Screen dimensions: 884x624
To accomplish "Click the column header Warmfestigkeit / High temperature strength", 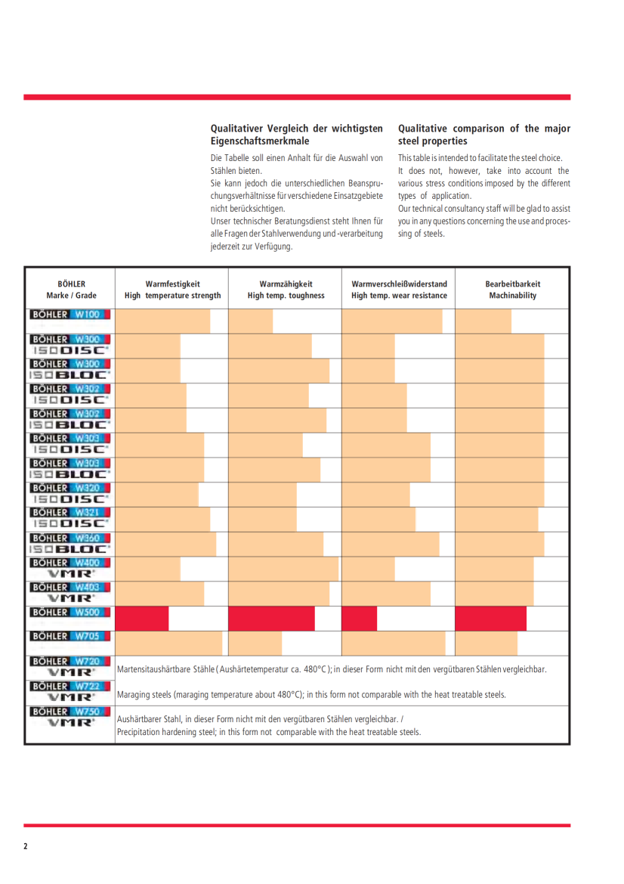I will pos(172,290).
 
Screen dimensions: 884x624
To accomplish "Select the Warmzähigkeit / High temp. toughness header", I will pos(286,290).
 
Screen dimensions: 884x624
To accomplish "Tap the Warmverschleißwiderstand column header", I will pos(399,290).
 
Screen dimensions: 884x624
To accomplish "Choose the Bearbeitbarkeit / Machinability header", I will pos(512,290).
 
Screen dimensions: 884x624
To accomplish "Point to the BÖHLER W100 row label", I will pos(71,314).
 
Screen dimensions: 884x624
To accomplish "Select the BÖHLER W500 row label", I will pos(71,612).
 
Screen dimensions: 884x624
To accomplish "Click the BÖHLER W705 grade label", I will pos(71,637).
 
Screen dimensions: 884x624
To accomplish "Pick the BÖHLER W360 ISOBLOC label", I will pos(71,544).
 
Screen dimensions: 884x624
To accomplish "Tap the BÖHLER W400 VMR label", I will pos(71,569).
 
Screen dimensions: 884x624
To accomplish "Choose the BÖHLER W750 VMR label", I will pos(71,718).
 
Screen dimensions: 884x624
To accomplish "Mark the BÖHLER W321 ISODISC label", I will pos(71,519).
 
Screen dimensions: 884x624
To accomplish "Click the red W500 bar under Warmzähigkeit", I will pos(271,619).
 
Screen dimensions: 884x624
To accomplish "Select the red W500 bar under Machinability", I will pos(490,619).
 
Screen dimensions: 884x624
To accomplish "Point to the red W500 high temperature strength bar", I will pos(142,619).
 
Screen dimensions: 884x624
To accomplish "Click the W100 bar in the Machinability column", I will pos(483,321).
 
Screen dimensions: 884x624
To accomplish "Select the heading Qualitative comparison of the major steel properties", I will pos(483,135).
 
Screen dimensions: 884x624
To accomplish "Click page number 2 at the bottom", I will pos(26,846).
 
